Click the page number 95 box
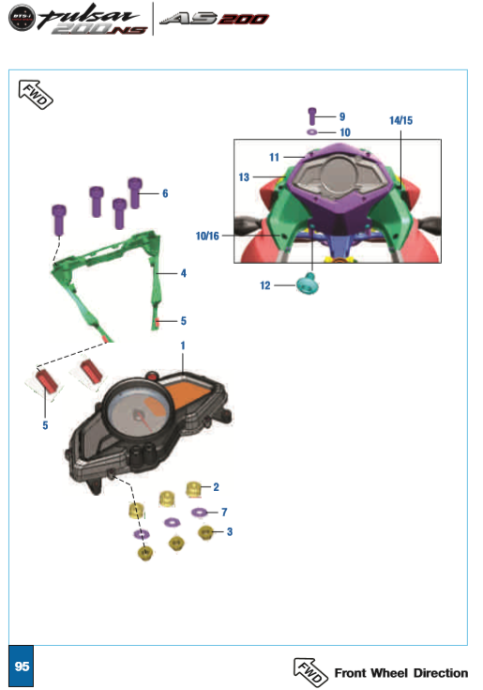tap(21, 666)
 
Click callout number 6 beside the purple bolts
tap(165, 193)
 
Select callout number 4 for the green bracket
tap(184, 273)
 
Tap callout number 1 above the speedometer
tap(183, 345)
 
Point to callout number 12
tap(265, 285)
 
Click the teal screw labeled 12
tap(308, 284)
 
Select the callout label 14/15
tap(400, 120)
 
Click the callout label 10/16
tap(207, 237)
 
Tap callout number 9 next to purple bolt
tap(342, 116)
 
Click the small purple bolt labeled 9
tap(312, 116)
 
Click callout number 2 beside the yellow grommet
tap(217, 487)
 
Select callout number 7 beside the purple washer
tap(224, 513)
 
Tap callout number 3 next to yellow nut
tap(230, 532)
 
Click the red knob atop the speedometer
tap(152, 376)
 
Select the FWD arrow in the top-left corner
tap(36, 94)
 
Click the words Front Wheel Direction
tap(401, 673)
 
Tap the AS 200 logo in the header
tap(214, 19)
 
